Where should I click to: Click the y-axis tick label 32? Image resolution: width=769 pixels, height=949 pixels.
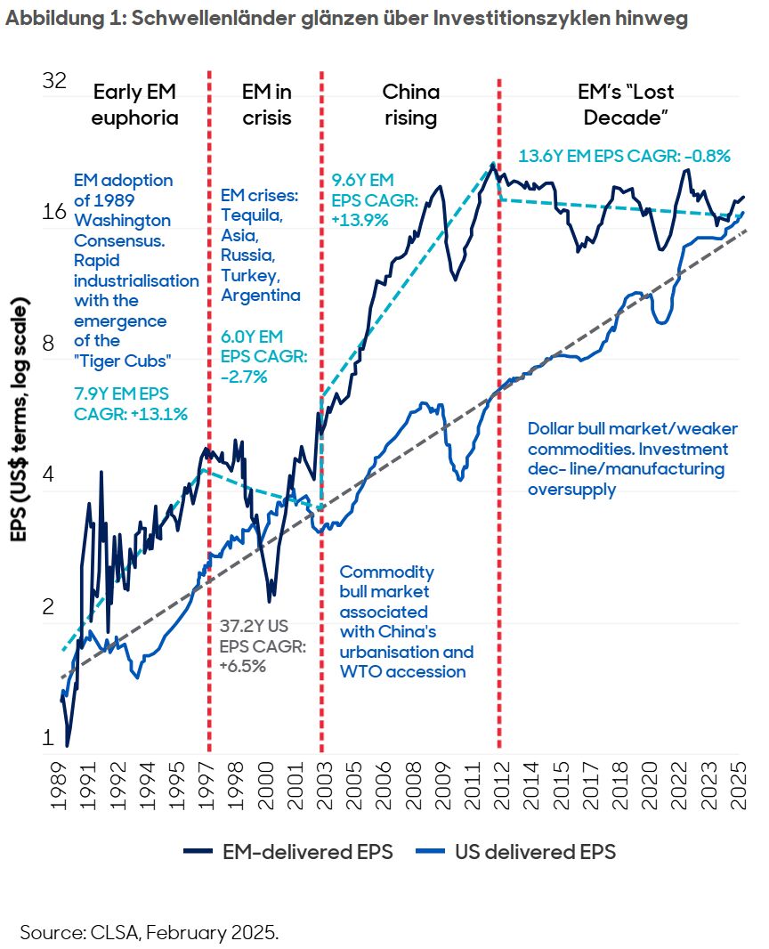point(55,81)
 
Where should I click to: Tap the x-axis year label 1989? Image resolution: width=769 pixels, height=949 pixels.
point(61,788)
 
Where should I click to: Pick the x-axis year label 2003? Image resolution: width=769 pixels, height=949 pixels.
point(321,788)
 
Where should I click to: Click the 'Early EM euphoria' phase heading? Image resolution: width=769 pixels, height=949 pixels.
point(135,105)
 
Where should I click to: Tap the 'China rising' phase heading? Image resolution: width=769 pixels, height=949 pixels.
point(410,105)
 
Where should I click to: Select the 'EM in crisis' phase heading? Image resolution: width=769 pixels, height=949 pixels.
point(266,105)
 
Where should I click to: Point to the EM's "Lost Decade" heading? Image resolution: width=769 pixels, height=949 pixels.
point(621,105)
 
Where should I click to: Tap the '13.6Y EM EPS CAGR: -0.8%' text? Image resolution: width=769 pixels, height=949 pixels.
point(624,156)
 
